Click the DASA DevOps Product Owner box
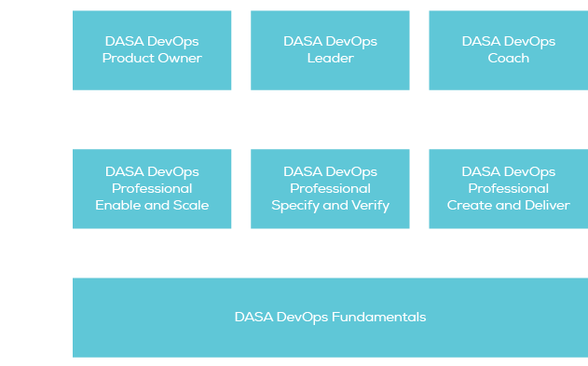[152, 50]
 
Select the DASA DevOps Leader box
[330, 50]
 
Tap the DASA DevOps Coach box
[508, 50]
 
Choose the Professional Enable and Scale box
[152, 188]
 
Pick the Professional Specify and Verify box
[330, 188]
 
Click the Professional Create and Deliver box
[508, 188]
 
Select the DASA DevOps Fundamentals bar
[330, 317]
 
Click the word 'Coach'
[508, 59]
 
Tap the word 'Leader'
[330, 59]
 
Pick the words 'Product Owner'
[152, 59]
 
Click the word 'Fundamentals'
[382, 317]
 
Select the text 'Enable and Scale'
[152, 206]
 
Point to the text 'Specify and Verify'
[330, 206]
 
